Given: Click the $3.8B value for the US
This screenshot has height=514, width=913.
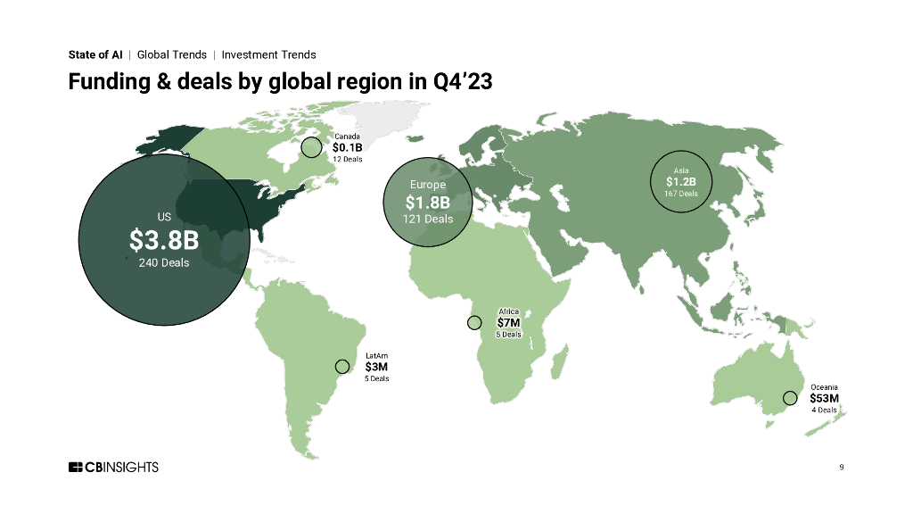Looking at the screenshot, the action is coord(164,241).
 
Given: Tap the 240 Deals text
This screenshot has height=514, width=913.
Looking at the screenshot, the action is coord(164,262).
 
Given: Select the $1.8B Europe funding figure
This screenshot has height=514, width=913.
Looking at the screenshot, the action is coord(428,202).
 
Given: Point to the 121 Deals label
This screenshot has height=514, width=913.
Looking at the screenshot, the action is coord(428,219).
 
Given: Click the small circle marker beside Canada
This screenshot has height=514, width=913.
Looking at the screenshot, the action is coord(311,147).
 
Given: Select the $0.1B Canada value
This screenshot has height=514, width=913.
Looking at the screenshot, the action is coord(347,147).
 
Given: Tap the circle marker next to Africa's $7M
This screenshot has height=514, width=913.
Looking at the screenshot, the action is coord(474,322).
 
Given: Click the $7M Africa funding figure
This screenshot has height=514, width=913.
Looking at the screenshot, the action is coord(508,323).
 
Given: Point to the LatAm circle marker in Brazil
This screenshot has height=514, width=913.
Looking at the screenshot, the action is coord(341,366).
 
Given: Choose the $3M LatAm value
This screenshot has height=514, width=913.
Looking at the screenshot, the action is coord(376,366).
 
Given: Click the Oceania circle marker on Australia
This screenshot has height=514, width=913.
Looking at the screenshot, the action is coord(788,397).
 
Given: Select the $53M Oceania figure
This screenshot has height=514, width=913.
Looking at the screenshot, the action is coord(825,398).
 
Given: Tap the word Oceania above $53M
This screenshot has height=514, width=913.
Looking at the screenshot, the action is coord(824,386).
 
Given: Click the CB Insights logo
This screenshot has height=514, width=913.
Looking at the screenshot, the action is coord(113,467).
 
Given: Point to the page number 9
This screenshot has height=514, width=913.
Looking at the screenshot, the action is coord(842,467).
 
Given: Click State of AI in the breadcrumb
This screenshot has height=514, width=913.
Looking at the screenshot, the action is coord(95,54).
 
